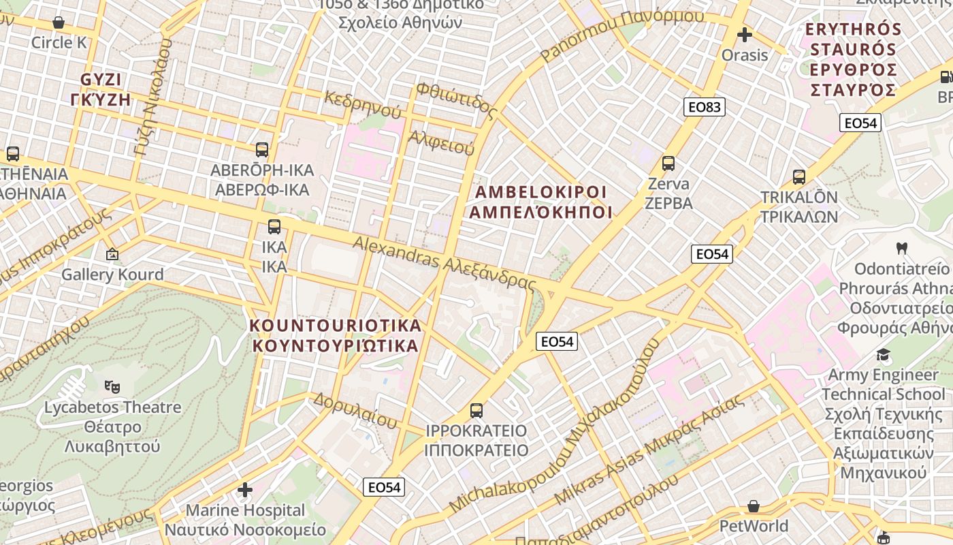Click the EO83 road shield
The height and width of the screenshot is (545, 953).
tap(704, 106)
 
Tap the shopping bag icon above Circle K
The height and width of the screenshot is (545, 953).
tap(59, 22)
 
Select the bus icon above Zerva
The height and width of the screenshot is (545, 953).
tap(668, 163)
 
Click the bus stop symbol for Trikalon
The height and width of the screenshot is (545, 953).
tap(798, 177)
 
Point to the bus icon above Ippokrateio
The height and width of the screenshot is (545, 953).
tap(476, 411)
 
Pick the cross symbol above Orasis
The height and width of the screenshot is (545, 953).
tap(745, 34)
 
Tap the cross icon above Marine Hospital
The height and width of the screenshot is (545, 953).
tap(245, 489)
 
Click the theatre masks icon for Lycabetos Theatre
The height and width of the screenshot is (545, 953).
tap(112, 387)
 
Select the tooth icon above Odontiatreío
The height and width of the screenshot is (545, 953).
tap(902, 248)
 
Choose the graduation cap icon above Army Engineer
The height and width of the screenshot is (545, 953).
tap(883, 354)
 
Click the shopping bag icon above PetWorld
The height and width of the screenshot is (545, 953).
tap(753, 506)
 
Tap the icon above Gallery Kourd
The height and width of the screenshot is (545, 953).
tap(112, 255)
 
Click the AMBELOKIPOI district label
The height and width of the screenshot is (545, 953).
tap(540, 202)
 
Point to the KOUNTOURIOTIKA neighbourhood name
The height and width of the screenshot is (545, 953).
tap(336, 335)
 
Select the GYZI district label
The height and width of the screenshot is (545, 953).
tap(105, 89)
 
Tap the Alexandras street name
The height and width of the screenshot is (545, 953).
tap(445, 262)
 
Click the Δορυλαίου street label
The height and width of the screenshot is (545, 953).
tap(355, 410)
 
